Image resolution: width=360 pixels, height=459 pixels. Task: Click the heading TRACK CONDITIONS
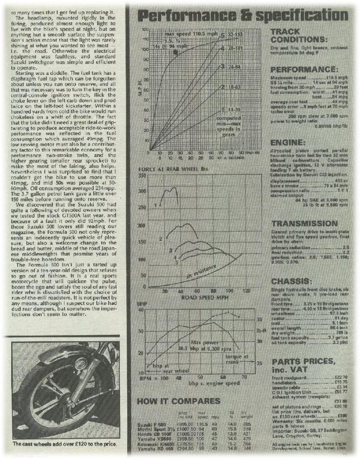click(298, 35)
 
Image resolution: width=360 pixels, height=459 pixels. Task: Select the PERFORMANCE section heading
click(304, 70)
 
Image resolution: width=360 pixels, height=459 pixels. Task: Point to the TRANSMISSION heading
click(304, 223)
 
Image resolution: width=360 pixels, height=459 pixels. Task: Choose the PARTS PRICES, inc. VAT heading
click(303, 365)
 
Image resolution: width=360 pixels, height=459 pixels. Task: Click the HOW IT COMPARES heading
click(178, 400)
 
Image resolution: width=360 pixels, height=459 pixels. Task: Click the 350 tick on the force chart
click(144, 176)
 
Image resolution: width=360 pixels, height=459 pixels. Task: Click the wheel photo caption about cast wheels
click(65, 444)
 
